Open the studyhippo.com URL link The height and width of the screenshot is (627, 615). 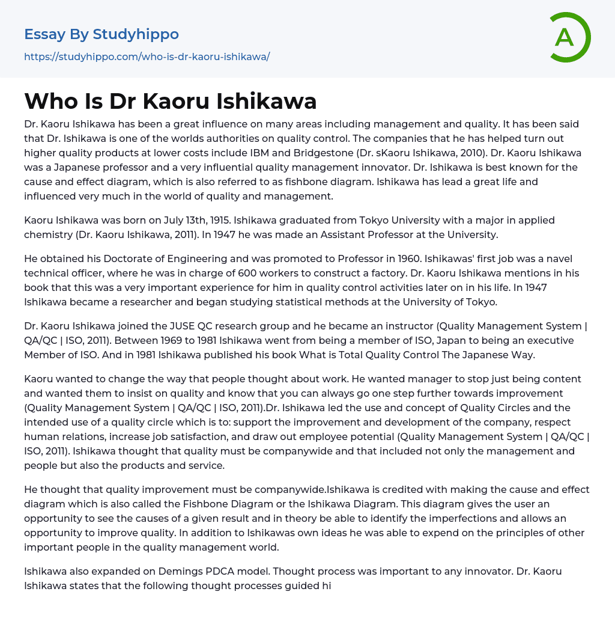point(147,57)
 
